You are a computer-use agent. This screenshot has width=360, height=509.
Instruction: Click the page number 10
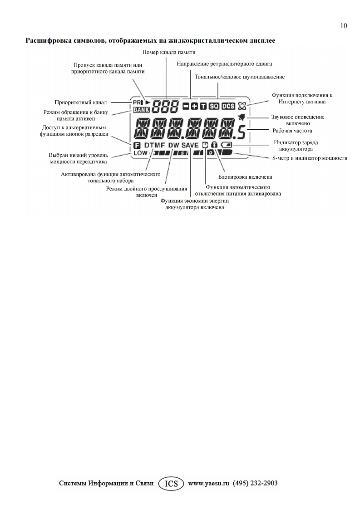click(344, 25)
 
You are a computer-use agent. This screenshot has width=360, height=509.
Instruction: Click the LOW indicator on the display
click(141, 153)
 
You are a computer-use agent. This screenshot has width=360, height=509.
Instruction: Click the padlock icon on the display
click(214, 145)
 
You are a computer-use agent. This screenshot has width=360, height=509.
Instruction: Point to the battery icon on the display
click(227, 145)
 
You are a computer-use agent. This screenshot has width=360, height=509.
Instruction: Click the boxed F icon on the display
click(137, 146)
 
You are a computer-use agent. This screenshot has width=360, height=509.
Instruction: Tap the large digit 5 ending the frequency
click(242, 131)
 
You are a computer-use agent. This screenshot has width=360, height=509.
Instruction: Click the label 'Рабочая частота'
click(292, 131)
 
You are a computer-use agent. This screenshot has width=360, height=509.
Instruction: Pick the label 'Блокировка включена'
click(242, 177)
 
